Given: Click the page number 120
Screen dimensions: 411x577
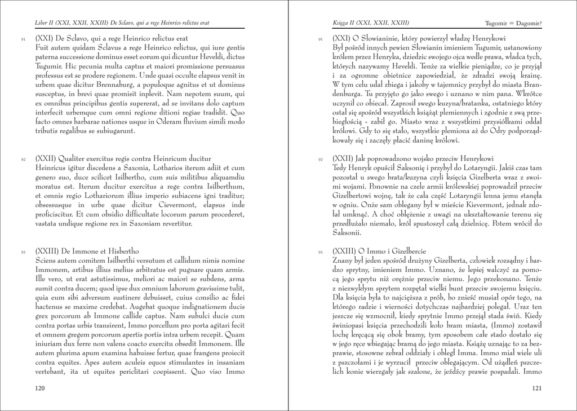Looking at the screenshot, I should (39, 388).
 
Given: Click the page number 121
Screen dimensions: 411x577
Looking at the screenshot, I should (537, 388).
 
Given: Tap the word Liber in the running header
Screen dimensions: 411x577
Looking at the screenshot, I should (42, 23).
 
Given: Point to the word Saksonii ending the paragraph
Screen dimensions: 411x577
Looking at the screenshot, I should (347, 232).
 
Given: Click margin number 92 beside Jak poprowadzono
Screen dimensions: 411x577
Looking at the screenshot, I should (320, 160).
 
